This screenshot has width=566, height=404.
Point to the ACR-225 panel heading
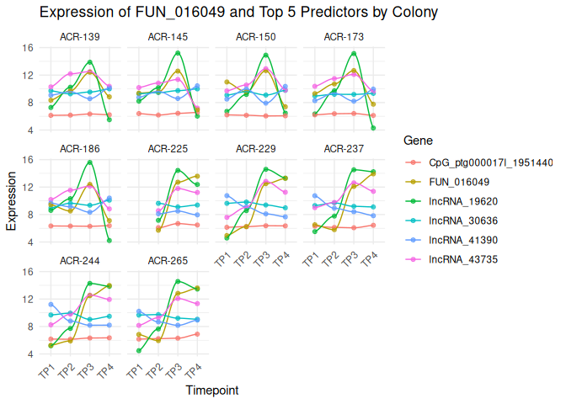coord(168,149)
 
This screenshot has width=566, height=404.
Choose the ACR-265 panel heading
coord(168,261)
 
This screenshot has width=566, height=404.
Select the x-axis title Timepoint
coord(211,391)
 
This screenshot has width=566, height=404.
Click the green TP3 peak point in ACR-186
coord(89,162)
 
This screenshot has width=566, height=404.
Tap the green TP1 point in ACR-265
coord(138,351)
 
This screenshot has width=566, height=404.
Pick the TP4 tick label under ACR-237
coord(367,261)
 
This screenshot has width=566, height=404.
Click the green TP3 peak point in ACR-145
coord(178,53)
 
